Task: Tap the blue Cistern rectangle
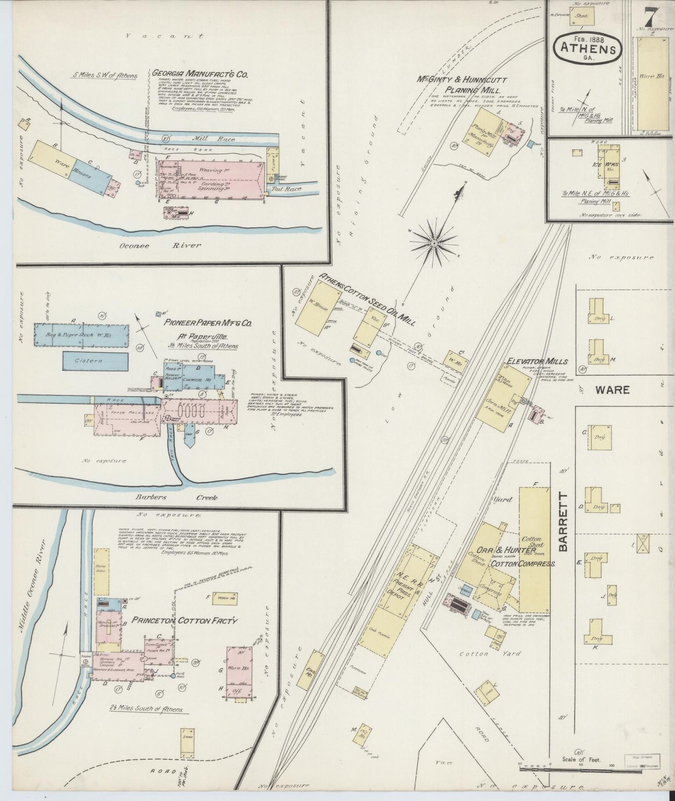click(95, 361)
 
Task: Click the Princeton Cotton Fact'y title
click(185, 621)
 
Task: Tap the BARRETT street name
click(564, 522)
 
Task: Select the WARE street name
click(612, 389)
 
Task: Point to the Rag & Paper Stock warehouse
click(82, 335)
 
